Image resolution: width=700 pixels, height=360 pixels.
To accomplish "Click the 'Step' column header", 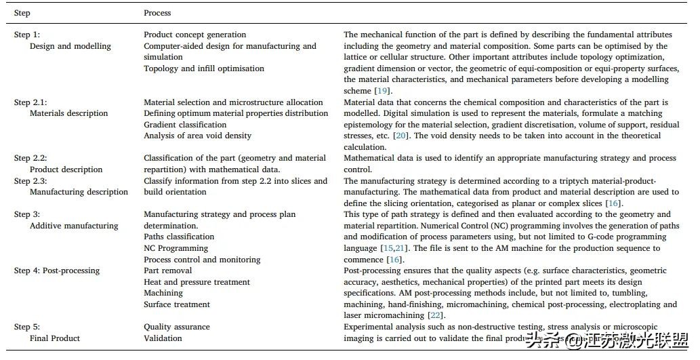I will [x=22, y=13].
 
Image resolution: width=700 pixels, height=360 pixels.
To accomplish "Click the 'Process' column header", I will [x=157, y=13].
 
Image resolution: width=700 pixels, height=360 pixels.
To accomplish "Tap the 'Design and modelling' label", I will [x=70, y=46].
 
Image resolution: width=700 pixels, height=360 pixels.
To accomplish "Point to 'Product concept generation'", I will [x=195, y=35].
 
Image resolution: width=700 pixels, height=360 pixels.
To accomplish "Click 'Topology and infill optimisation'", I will [x=204, y=68].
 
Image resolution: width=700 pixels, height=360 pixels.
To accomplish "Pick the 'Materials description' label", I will [x=69, y=113].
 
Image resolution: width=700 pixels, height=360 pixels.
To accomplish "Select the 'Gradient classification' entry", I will [x=185, y=125].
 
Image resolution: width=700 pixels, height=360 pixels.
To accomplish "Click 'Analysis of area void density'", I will [x=197, y=136].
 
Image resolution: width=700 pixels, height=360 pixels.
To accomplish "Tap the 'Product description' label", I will [x=66, y=169].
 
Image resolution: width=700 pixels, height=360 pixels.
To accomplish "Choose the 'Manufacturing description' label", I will [x=79, y=192].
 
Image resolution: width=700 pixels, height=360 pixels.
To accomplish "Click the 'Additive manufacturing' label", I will [x=74, y=226].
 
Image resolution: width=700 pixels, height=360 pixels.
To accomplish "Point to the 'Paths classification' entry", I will [x=179, y=237].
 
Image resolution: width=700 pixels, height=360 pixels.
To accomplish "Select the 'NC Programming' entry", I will [x=176, y=248].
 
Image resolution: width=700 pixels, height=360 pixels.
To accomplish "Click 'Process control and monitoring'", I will [x=202, y=260].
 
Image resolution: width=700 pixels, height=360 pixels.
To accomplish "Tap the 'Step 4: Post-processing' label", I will [x=57, y=271].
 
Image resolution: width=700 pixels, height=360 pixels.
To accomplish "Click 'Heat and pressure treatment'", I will [x=197, y=282].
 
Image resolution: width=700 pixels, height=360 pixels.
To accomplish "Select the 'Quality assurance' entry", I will [x=177, y=327].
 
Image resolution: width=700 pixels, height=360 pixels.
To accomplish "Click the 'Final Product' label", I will [x=55, y=338].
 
